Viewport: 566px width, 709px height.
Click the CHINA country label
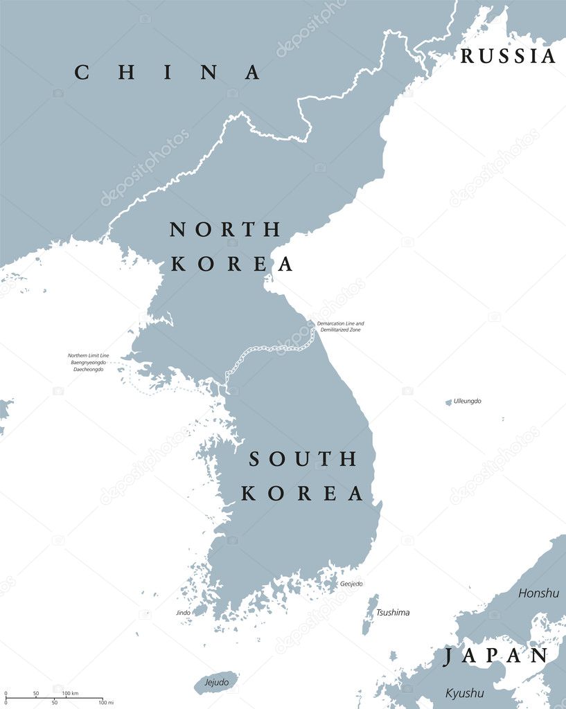(x=168, y=72)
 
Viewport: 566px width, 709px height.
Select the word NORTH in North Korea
(x=226, y=229)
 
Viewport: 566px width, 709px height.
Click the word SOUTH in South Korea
(x=303, y=458)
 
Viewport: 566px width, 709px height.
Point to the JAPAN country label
(x=496, y=656)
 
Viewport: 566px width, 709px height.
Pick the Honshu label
(x=538, y=593)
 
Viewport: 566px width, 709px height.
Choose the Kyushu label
(x=465, y=693)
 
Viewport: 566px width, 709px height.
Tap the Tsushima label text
(x=393, y=612)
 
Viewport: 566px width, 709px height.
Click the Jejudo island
(x=216, y=682)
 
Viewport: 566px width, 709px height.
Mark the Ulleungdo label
(x=468, y=401)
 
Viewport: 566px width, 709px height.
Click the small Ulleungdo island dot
(x=448, y=402)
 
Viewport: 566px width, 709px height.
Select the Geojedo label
(x=351, y=584)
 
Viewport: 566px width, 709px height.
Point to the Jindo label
(x=183, y=612)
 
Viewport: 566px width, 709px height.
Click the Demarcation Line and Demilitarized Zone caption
(x=340, y=326)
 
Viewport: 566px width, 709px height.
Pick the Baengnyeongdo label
(x=88, y=362)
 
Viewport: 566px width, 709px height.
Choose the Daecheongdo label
(x=88, y=370)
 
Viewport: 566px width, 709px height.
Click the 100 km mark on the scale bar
(x=70, y=693)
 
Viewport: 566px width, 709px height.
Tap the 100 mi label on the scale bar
(x=105, y=703)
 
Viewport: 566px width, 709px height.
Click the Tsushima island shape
(x=370, y=615)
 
